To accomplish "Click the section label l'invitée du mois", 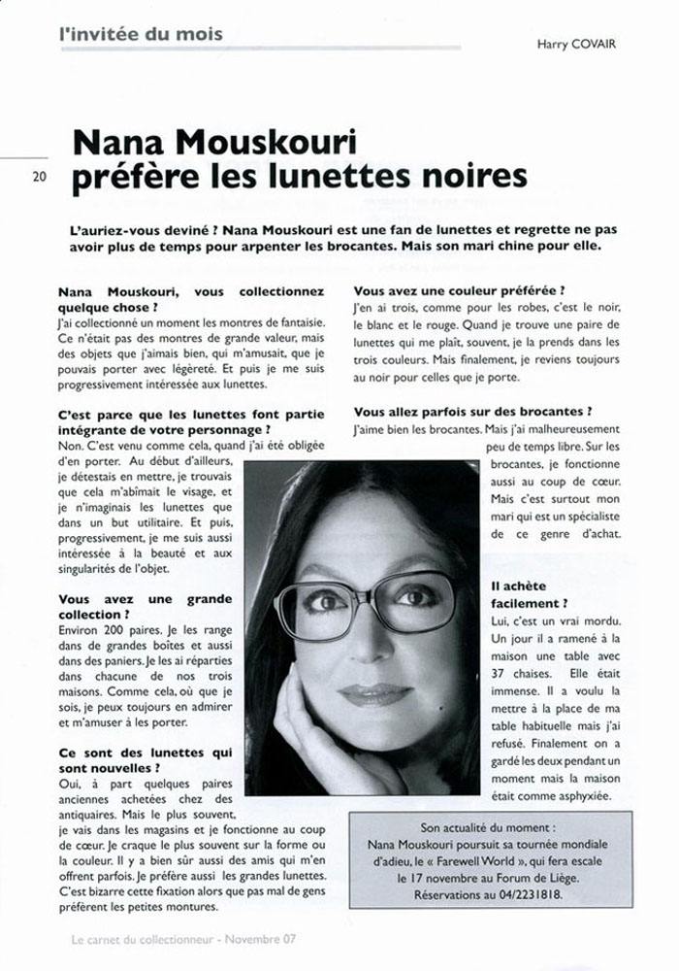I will [x=141, y=34].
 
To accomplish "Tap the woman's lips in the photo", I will [x=374, y=694].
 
